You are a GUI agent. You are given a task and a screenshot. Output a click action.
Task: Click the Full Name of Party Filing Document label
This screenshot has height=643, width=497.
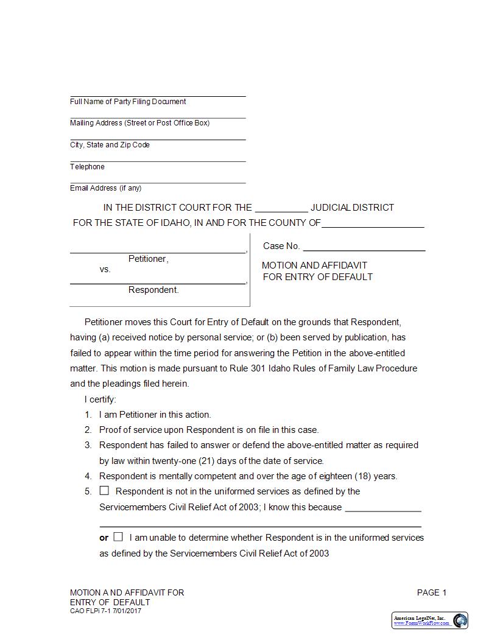coord(128,102)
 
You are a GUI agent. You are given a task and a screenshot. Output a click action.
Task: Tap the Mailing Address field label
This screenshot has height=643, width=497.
coord(139,123)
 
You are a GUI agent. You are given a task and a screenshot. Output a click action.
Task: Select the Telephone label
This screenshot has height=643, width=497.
coord(87,167)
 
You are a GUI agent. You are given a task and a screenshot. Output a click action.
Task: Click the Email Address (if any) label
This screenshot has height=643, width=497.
coord(105,188)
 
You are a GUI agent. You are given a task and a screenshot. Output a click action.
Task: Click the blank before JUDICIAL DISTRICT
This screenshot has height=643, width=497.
coord(281,208)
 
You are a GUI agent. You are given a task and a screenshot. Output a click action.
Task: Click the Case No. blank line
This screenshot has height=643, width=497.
coord(364,247)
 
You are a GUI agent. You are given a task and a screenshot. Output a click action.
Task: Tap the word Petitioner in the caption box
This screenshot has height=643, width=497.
coord(147,259)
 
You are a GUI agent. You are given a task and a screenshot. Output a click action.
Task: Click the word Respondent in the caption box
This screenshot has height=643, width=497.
coord(153,290)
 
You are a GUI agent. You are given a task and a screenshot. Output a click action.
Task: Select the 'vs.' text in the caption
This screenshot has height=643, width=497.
coord(105,269)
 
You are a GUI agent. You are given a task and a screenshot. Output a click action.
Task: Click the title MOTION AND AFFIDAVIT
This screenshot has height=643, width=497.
coord(314,265)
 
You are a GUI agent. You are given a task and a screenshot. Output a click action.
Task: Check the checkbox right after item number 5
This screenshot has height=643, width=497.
coord(104,491)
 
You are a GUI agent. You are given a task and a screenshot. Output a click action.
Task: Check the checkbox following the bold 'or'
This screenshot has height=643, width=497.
coord(118,537)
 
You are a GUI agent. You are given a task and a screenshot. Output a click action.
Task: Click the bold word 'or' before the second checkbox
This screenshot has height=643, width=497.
coord(104,538)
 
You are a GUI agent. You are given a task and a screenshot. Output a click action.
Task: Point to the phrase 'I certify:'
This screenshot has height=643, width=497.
coord(100,399)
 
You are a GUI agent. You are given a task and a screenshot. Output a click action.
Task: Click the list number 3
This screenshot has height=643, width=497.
coord(88,445)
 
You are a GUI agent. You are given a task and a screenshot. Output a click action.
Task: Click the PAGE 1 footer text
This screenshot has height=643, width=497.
coord(432,592)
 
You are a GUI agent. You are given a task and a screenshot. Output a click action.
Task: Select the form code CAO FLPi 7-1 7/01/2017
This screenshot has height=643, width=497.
coord(105,611)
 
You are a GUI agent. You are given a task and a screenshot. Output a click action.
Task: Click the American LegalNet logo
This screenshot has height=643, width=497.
coord(429,620)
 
